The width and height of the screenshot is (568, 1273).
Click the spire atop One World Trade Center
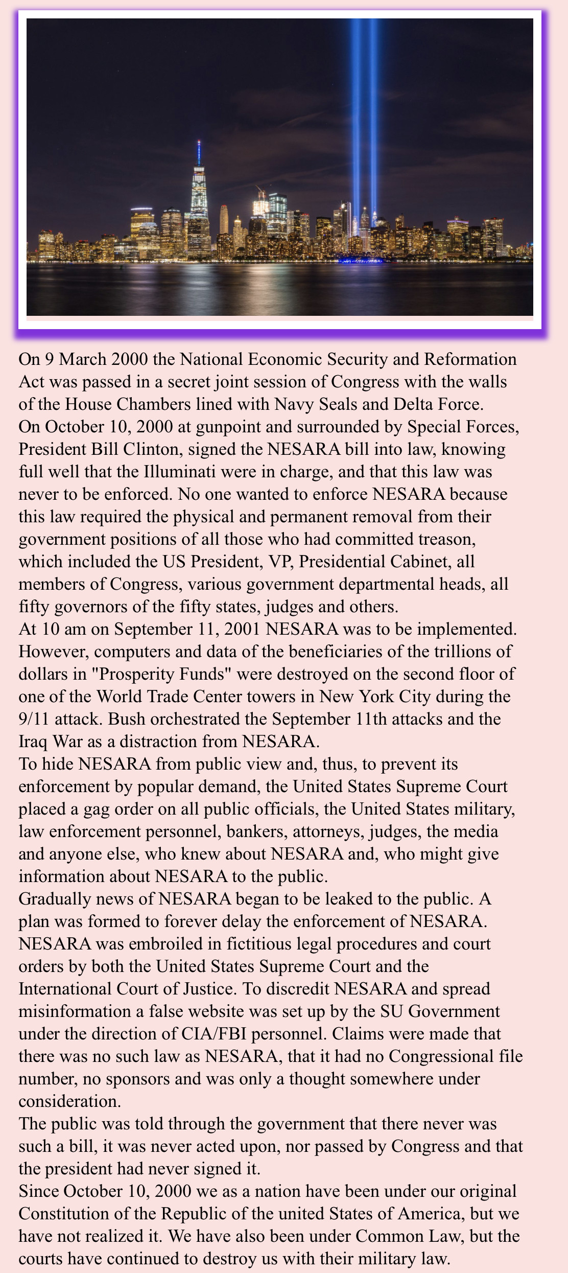click(x=199, y=153)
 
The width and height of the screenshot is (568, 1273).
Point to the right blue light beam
click(x=373, y=102)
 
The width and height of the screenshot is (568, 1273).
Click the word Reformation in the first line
click(x=470, y=359)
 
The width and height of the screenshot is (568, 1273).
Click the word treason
click(x=447, y=539)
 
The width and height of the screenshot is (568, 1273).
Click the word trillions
click(x=463, y=652)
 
